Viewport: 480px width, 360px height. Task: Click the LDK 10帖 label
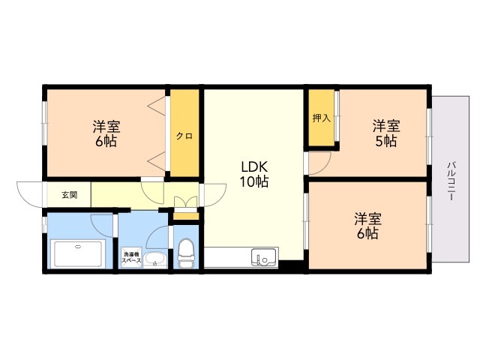[254, 174]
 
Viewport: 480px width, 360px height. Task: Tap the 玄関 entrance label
[70, 195]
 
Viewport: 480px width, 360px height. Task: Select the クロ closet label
[184, 136]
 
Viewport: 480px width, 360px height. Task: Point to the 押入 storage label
[322, 118]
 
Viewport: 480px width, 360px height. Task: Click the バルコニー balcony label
[451, 181]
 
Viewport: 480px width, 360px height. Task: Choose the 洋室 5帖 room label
[386, 133]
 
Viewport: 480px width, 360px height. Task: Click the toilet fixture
[186, 253]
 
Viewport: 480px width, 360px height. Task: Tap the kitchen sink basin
[263, 258]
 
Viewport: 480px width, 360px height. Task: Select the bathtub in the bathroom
[79, 254]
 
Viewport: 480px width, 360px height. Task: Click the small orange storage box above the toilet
[186, 216]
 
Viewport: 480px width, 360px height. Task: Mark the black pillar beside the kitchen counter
[291, 265]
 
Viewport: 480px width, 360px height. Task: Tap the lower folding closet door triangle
[157, 161]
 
